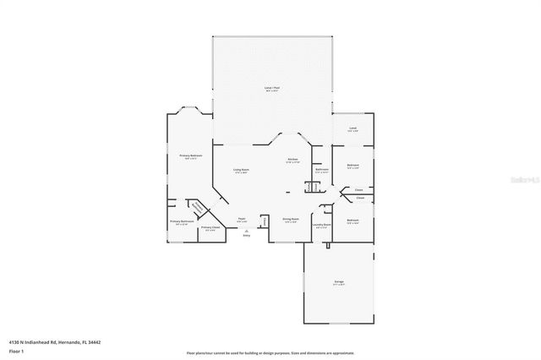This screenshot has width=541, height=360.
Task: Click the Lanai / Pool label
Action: click(x=271, y=89)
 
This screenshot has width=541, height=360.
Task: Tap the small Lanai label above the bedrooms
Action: click(x=352, y=129)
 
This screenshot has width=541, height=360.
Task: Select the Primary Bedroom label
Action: click(x=190, y=156)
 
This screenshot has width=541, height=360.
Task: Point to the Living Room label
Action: click(x=241, y=171)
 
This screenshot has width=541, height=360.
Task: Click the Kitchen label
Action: click(x=292, y=160)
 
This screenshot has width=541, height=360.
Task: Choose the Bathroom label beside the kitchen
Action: click(x=321, y=170)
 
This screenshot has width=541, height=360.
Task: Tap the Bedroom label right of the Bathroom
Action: click(x=352, y=166)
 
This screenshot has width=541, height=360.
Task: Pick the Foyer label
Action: click(x=242, y=219)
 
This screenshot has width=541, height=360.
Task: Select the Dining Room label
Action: click(x=291, y=220)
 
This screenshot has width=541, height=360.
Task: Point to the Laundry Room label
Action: click(x=321, y=226)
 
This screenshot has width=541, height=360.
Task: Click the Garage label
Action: click(x=338, y=283)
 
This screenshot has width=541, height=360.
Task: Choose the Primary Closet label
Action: click(x=210, y=227)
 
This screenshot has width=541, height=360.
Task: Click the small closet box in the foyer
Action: click(x=265, y=221)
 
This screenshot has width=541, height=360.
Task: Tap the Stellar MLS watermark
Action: click(x=526, y=180)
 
